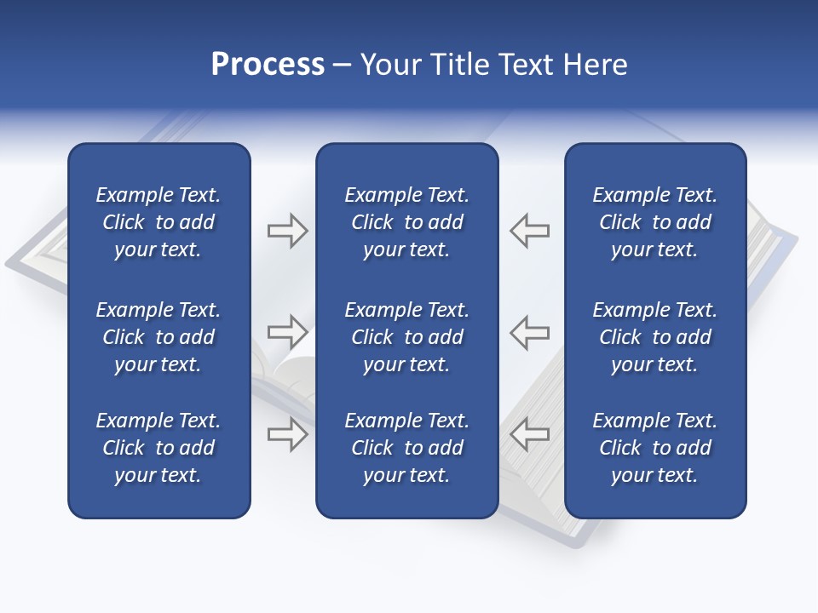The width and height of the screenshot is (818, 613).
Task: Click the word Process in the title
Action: (x=268, y=65)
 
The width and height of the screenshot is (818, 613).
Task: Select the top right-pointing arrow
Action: (x=287, y=231)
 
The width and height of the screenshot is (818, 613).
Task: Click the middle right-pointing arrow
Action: (x=287, y=331)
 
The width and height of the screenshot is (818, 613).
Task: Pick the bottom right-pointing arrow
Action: (x=287, y=434)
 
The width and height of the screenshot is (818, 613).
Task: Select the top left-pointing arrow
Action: (x=529, y=231)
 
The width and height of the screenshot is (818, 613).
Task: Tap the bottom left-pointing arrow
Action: (x=529, y=434)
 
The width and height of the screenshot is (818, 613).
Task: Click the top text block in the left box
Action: (x=158, y=222)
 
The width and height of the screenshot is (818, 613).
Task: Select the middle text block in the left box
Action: (x=158, y=337)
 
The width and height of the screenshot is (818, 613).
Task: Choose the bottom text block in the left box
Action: (x=158, y=448)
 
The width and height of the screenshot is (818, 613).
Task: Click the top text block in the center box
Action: (x=406, y=222)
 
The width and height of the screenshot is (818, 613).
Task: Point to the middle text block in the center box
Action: (x=406, y=337)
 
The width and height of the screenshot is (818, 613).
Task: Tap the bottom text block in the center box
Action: (x=406, y=448)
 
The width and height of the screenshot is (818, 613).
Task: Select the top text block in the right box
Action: (x=654, y=222)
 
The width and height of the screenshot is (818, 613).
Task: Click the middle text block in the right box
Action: (x=654, y=337)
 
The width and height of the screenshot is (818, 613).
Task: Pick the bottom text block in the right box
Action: (x=654, y=448)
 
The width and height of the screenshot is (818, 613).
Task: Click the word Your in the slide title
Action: (x=389, y=65)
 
